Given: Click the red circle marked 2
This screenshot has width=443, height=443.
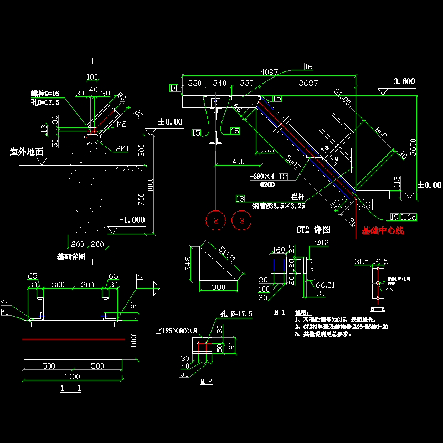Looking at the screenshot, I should point(215,220).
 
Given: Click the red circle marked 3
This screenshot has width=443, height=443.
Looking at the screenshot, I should point(242,220).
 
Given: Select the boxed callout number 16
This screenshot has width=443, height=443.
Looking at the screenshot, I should point(308,66).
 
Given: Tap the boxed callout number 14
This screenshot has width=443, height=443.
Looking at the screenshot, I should point(174,88).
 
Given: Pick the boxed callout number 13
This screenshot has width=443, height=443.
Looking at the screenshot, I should point(240,199).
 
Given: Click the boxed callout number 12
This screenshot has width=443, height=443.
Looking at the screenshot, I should point(282,176).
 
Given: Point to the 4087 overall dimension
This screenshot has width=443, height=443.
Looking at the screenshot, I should point(270,72).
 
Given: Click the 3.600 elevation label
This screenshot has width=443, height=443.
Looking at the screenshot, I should point(404,81).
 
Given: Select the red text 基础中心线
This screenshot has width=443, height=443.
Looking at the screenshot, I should point(383,231).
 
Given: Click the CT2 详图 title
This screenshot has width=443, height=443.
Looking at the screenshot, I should point(313,229).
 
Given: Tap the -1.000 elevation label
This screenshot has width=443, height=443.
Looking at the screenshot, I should point(132,220).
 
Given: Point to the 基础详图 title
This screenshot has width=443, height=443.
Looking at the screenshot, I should point(71,257).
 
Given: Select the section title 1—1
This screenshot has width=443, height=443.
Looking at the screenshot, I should point(70,388).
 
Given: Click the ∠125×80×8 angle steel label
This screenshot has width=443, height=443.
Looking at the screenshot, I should point(177,331).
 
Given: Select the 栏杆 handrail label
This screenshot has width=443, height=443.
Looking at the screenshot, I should point(298,197).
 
